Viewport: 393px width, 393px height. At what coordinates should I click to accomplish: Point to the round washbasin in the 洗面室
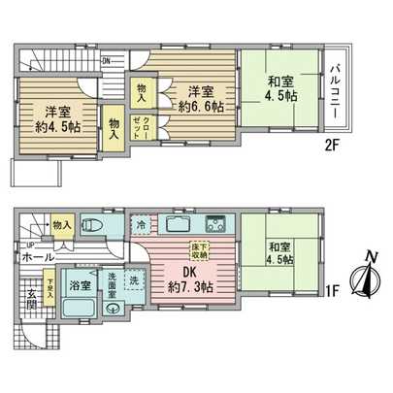click(x=112, y=310)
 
